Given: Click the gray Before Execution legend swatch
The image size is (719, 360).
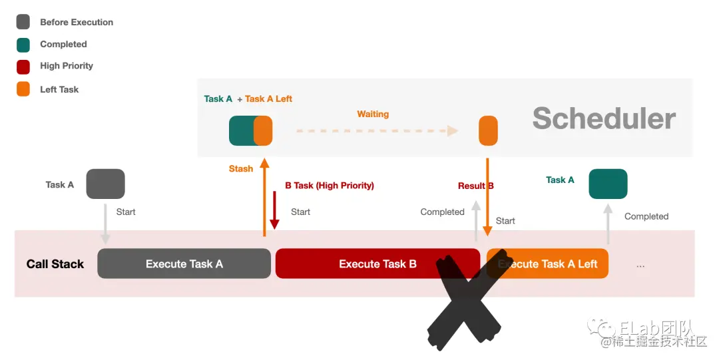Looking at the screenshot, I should [23, 22].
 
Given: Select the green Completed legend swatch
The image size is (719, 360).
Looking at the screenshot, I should [23, 44].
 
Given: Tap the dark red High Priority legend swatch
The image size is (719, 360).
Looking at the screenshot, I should [23, 66].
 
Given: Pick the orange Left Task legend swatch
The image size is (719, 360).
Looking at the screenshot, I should [23, 89].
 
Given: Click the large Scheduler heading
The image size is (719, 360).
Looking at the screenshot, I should [604, 118].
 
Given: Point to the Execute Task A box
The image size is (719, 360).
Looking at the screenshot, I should [184, 264].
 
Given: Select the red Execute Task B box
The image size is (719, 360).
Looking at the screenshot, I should [377, 264].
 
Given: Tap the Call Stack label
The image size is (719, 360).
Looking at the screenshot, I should [55, 264].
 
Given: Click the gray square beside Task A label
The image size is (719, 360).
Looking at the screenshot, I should [106, 184].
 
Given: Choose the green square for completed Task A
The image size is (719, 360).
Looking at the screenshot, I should [608, 184].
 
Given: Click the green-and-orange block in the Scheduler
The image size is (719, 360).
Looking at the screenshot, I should [251, 130].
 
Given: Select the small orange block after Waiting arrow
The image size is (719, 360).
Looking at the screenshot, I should [488, 130].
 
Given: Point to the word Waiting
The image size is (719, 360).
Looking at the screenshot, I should [373, 114].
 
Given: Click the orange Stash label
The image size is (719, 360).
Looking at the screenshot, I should [240, 169].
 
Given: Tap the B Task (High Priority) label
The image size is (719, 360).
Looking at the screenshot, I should [330, 186].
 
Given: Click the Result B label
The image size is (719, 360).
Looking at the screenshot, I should [475, 186].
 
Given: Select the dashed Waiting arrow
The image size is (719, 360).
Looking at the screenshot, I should [377, 130].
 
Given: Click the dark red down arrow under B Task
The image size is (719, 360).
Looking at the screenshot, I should [274, 212].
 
